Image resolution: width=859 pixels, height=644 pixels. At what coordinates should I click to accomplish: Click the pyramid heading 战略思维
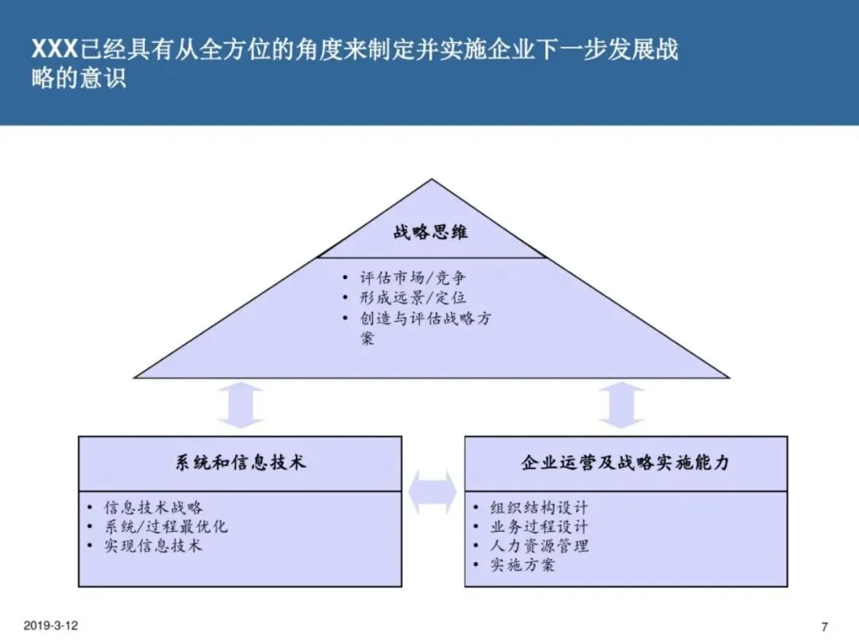pos(430,232)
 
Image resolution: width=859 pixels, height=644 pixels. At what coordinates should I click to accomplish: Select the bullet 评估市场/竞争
pos(413,278)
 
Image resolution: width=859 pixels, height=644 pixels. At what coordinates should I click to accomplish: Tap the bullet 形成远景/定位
pos(413,298)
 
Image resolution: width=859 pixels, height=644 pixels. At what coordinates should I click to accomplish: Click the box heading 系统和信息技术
pos(240,463)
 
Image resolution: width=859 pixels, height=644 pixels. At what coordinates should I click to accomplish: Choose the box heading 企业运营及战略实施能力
pos(625,463)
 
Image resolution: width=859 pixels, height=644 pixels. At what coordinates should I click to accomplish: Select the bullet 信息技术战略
pos(154,507)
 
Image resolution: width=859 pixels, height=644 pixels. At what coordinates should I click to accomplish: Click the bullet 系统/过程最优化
pos(166,526)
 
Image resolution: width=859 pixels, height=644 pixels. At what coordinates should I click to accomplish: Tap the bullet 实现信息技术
pos(154,545)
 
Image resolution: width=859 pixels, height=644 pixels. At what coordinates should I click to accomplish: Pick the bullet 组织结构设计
pos(539,507)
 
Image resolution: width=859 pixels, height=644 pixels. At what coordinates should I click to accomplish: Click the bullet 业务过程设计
pos(539,526)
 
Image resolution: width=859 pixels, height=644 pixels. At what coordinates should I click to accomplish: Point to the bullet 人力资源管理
pos(539,546)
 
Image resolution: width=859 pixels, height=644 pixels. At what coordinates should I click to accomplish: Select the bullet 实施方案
pos(523,565)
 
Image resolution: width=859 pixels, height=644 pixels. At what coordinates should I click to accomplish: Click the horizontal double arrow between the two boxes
pos(433,492)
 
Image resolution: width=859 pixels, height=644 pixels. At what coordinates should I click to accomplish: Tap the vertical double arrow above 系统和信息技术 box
pos(240,406)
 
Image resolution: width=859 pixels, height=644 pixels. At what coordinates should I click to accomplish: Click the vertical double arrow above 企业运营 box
pos(621,406)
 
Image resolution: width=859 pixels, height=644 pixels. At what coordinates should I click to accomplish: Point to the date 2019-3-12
pos(51,627)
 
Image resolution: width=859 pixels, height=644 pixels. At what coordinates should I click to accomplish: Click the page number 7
pos(824,627)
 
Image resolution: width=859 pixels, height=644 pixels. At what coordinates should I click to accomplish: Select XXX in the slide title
pos(54,50)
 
